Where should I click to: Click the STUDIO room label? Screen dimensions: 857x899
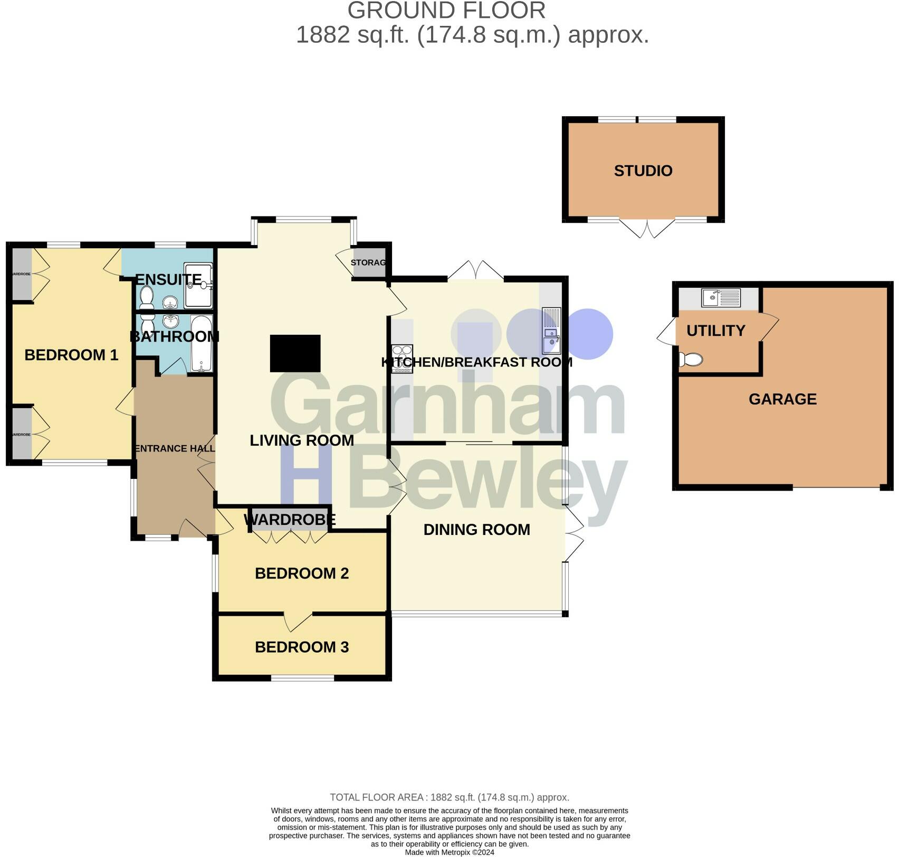click(643, 171)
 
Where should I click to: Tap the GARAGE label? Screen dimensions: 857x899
click(782, 399)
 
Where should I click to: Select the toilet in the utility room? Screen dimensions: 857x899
click(691, 360)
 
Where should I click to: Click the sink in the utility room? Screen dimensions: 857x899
click(721, 298)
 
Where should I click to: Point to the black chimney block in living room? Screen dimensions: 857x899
click(295, 353)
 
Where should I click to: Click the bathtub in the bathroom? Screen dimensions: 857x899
click(201, 344)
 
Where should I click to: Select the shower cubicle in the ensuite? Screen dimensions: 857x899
click(198, 285)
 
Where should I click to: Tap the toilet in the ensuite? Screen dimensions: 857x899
click(147, 297)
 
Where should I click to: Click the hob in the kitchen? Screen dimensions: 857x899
click(402, 359)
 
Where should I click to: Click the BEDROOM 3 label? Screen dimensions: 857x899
click(302, 647)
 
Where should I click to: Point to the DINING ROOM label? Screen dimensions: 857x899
click(476, 530)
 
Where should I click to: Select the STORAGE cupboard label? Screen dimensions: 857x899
click(368, 262)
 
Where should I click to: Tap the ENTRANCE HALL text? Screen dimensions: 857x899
click(175, 449)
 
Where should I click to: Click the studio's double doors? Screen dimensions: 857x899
click(646, 229)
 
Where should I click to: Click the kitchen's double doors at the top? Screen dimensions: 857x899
click(475, 270)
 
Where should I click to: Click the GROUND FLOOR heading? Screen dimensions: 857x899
click(446, 11)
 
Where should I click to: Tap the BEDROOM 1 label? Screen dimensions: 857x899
click(71, 355)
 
